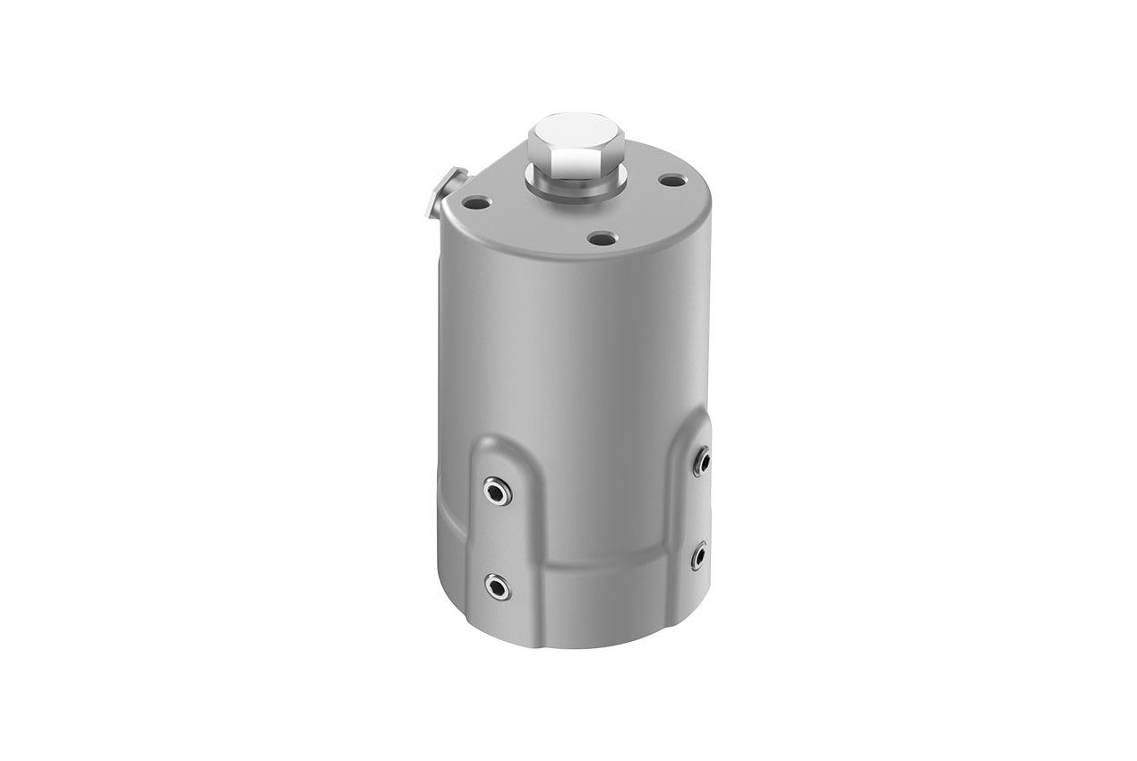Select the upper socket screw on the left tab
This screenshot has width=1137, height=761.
pos(495,490)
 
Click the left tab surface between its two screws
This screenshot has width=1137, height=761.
pos(495,538)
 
